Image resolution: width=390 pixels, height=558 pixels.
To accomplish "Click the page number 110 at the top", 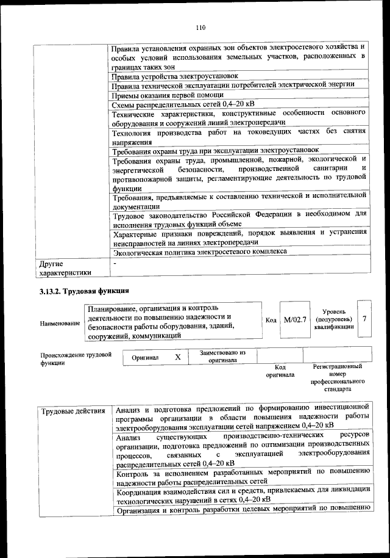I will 202,27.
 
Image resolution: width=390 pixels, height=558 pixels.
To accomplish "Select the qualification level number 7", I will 364,319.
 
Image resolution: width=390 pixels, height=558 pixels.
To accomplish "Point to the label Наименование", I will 60,322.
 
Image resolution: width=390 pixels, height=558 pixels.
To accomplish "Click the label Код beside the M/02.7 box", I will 271,320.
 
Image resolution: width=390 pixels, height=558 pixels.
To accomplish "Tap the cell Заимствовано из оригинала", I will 222,356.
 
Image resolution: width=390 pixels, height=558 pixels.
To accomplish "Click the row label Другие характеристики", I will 65,269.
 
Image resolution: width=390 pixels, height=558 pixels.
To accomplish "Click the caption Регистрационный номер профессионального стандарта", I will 337,377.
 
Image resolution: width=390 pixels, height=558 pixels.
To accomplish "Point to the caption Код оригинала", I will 280,371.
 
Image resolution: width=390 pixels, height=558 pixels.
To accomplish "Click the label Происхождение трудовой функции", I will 76,358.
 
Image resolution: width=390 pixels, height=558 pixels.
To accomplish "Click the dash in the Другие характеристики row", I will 115,262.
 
